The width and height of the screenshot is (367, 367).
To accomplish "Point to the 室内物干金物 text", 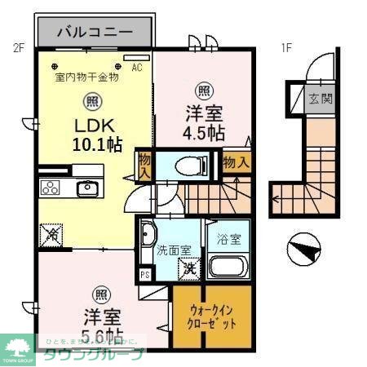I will tap(86, 77).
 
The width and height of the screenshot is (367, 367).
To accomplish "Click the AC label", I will tap(137, 69).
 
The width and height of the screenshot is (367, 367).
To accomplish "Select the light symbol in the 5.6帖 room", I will tap(99, 294).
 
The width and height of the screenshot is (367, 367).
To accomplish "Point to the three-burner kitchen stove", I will tap(50, 188).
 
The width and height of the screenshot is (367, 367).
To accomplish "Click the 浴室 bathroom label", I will tap(228, 240).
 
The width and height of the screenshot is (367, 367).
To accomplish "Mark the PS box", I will tap(145, 275).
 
